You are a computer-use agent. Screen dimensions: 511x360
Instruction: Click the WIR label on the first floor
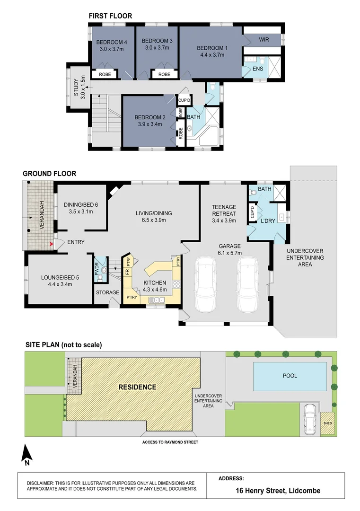(263, 40)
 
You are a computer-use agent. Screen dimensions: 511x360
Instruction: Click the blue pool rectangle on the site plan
(290, 376)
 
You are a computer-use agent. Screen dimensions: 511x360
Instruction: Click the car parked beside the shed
(311, 419)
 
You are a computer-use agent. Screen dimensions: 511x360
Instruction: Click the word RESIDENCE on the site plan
(137, 387)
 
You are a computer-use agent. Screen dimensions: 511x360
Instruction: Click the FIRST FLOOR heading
(110, 16)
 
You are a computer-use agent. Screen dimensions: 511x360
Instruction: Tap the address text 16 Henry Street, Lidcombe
(278, 491)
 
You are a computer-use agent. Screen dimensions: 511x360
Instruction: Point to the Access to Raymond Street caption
(170, 442)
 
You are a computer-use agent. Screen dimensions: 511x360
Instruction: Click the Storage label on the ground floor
(107, 292)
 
